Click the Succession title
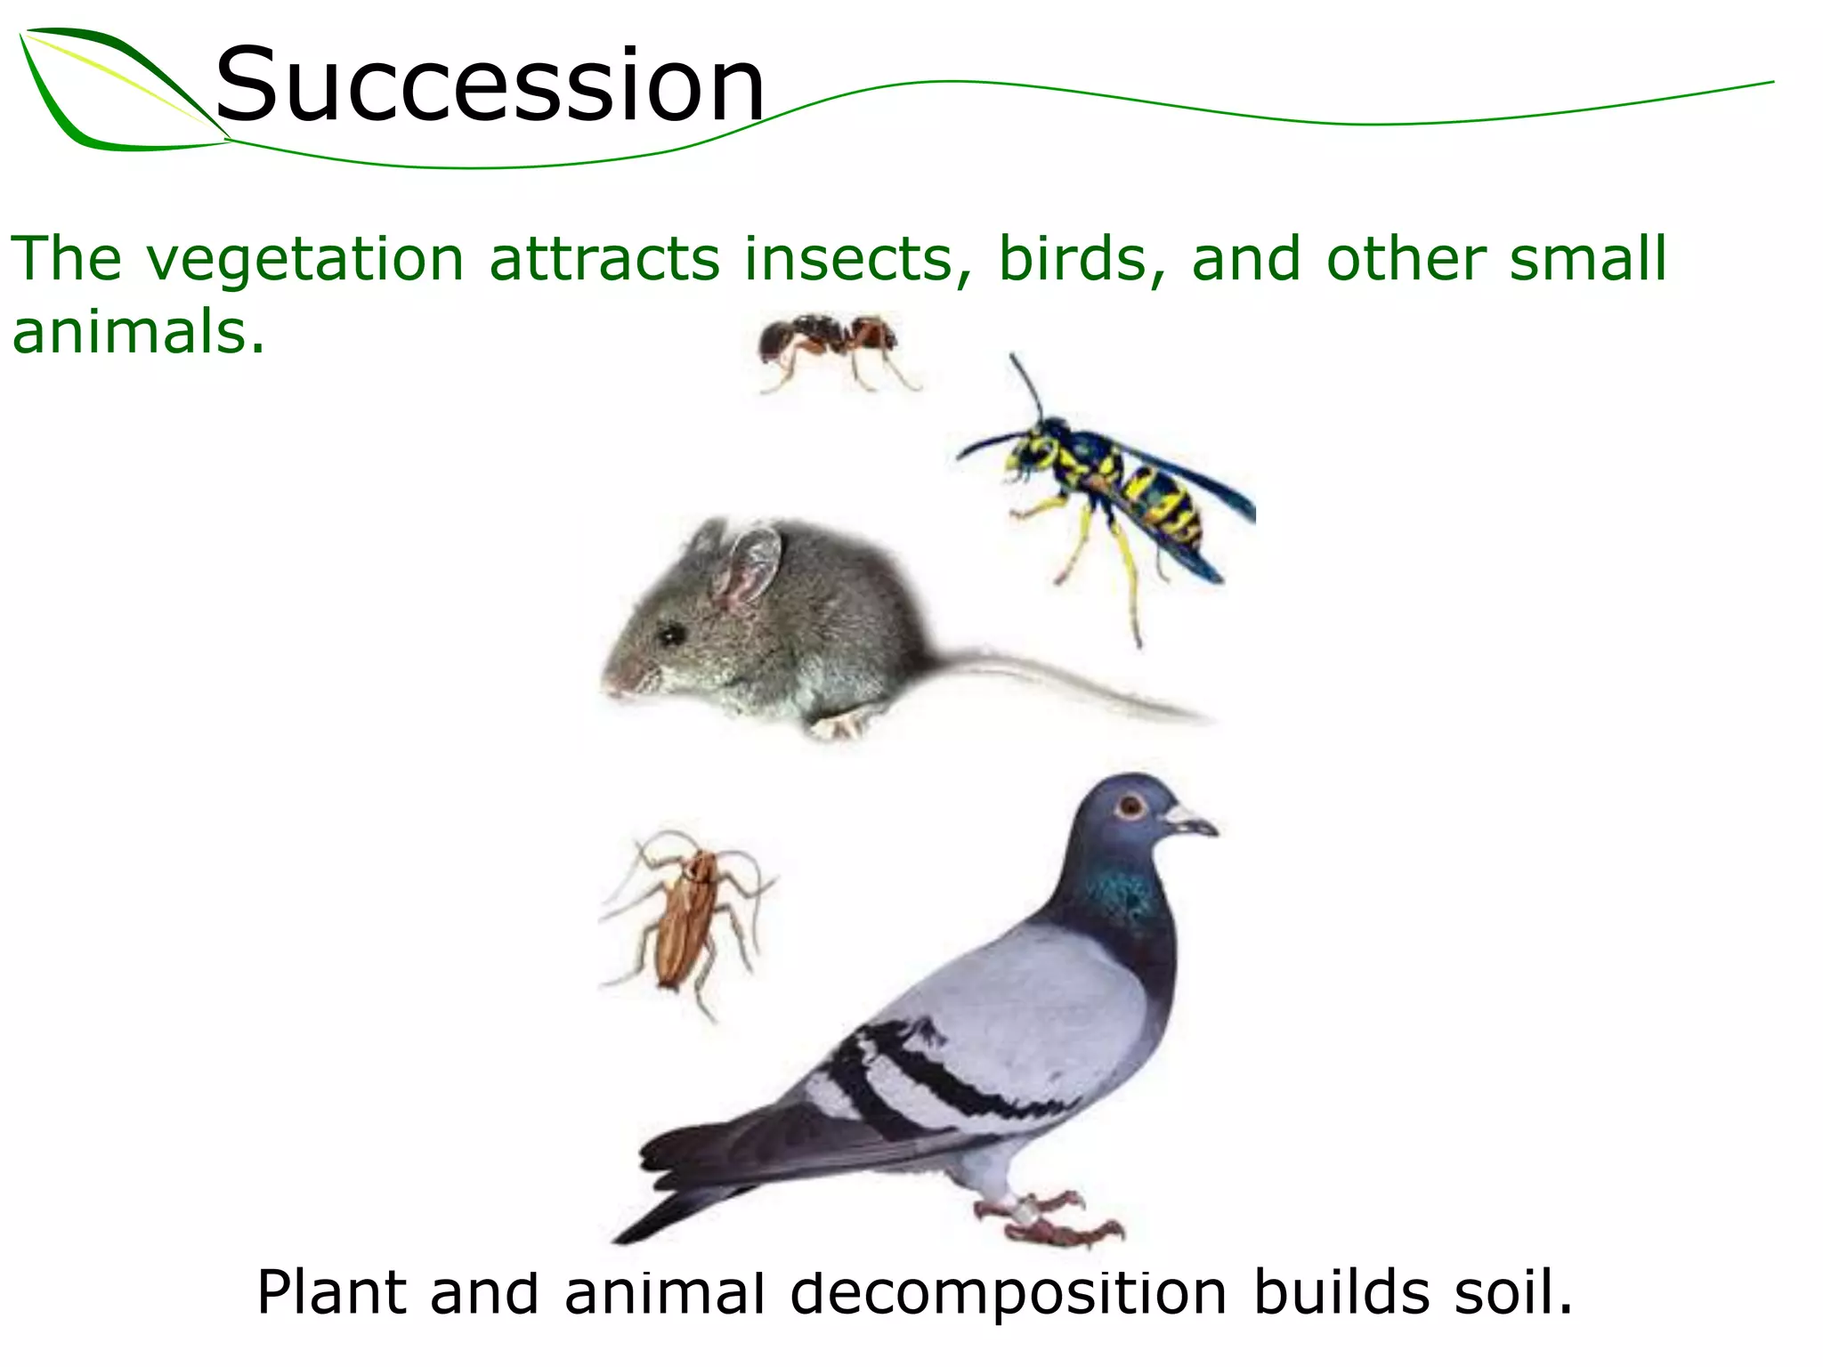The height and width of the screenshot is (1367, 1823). coord(490,86)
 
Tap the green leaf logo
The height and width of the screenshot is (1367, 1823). coord(116,93)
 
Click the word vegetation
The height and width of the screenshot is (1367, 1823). coord(305,261)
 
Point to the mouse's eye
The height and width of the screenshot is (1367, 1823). coord(669,634)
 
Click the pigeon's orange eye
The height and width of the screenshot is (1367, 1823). coord(1130,808)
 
